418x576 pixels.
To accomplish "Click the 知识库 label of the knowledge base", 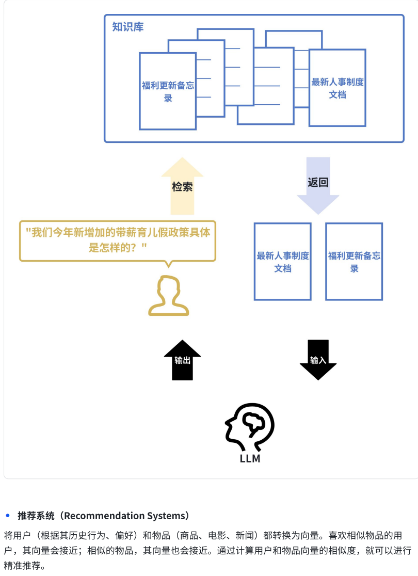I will pyautogui.click(x=128, y=27).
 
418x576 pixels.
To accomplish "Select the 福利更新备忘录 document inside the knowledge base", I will pyautogui.click(x=168, y=91).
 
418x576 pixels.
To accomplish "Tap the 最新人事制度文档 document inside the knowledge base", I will pyautogui.click(x=337, y=88).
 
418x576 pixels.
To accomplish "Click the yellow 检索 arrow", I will pyautogui.click(x=182, y=186).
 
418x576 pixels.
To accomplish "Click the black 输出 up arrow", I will pyautogui.click(x=182, y=360).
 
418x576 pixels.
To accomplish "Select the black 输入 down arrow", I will pyautogui.click(x=318, y=360).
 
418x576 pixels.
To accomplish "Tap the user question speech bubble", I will pyautogui.click(x=118, y=240).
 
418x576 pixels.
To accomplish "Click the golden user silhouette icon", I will pyautogui.click(x=168, y=296).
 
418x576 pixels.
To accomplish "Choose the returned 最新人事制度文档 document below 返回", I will pyautogui.click(x=282, y=262).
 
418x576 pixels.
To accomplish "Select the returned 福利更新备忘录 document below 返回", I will pyautogui.click(x=354, y=262).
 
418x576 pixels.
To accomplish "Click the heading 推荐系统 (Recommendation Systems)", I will pyautogui.click(x=103, y=516).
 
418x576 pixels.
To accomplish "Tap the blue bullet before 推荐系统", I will pyautogui.click(x=8, y=516).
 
